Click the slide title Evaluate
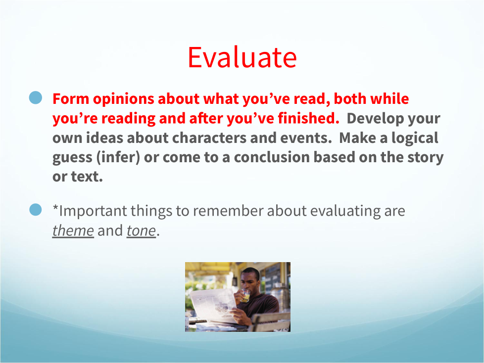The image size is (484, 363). pos(242,57)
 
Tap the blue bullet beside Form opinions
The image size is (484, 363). pos(36,97)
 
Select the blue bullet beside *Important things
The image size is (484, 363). pos(36,210)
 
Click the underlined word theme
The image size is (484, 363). pos(73,230)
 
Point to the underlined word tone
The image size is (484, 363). pos(141,230)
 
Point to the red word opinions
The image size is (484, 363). pos(123,99)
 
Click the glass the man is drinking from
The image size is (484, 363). pos(245,295)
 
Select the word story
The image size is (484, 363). pos(425,158)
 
